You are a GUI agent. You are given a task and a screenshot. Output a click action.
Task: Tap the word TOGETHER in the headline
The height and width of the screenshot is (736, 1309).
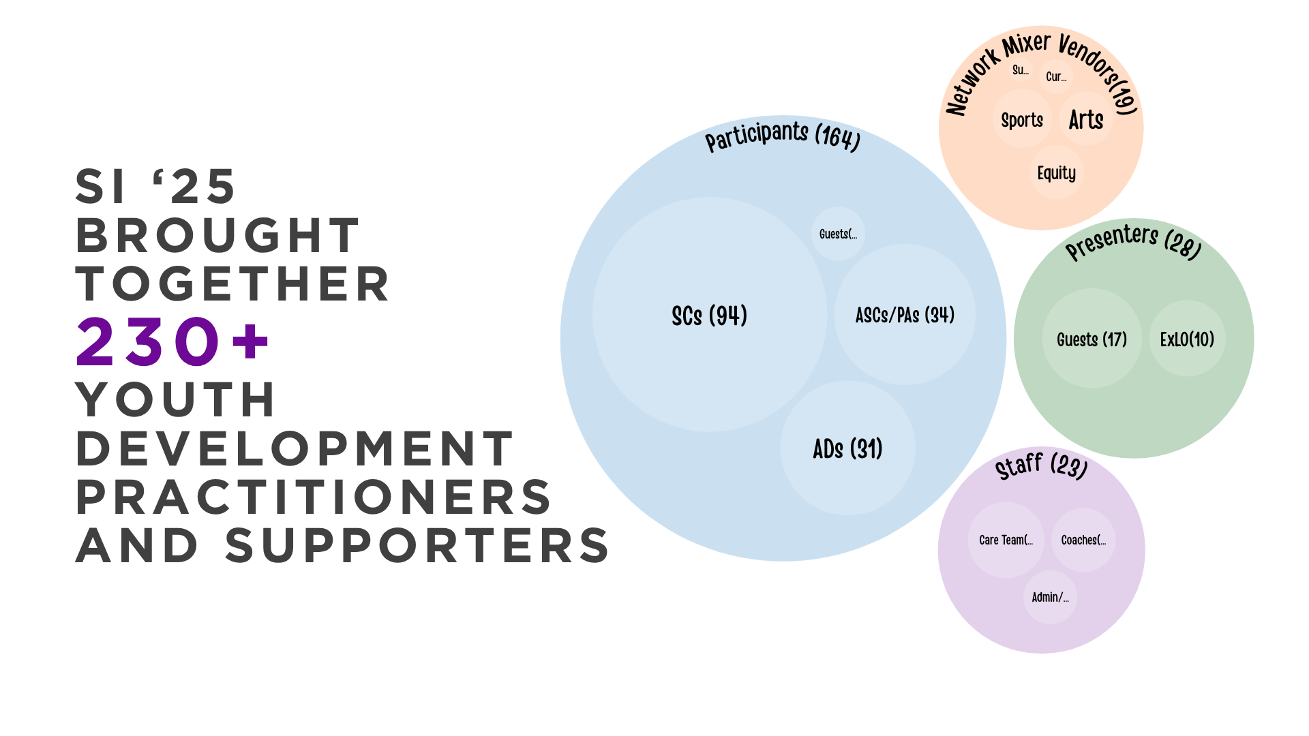click(x=232, y=283)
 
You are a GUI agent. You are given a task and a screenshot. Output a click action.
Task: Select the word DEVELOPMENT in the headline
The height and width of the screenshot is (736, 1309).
click(x=294, y=448)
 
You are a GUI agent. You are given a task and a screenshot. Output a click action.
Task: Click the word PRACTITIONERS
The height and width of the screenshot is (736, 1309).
click(x=313, y=497)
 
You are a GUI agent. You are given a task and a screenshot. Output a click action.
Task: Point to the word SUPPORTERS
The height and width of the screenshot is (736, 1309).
click(x=417, y=545)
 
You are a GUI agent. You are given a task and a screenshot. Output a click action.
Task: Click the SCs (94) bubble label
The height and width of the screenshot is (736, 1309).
click(x=709, y=316)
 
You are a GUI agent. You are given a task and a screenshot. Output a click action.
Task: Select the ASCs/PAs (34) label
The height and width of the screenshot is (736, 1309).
click(x=905, y=315)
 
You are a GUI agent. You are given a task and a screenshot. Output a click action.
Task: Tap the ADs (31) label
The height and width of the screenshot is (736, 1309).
click(x=847, y=449)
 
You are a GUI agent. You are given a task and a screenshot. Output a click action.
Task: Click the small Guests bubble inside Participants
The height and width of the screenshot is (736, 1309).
click(x=838, y=234)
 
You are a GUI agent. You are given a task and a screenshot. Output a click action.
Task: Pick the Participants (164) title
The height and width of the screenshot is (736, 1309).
click(x=783, y=137)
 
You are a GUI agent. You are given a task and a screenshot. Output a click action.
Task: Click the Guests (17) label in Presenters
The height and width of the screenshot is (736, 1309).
click(x=1092, y=339)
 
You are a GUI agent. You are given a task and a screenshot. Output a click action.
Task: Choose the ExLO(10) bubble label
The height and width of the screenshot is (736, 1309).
click(x=1187, y=339)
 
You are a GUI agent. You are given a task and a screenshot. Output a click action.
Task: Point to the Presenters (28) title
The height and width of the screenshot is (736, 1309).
click(x=1133, y=242)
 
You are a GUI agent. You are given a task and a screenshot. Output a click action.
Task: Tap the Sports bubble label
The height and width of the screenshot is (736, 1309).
click(x=1022, y=121)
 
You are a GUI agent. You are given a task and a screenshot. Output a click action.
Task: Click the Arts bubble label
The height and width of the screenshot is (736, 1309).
click(x=1086, y=120)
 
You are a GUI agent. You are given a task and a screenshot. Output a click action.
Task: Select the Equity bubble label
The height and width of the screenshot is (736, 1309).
click(x=1056, y=173)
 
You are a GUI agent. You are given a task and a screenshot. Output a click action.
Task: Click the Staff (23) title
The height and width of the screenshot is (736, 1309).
click(x=1041, y=466)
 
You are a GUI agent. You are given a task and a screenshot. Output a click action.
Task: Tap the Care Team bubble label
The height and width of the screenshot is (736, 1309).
click(x=1006, y=540)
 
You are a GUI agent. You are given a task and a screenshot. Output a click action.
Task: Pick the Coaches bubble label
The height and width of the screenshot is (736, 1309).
click(x=1083, y=540)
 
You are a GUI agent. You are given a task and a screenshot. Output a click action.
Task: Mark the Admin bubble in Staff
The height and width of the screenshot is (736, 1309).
click(x=1050, y=598)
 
